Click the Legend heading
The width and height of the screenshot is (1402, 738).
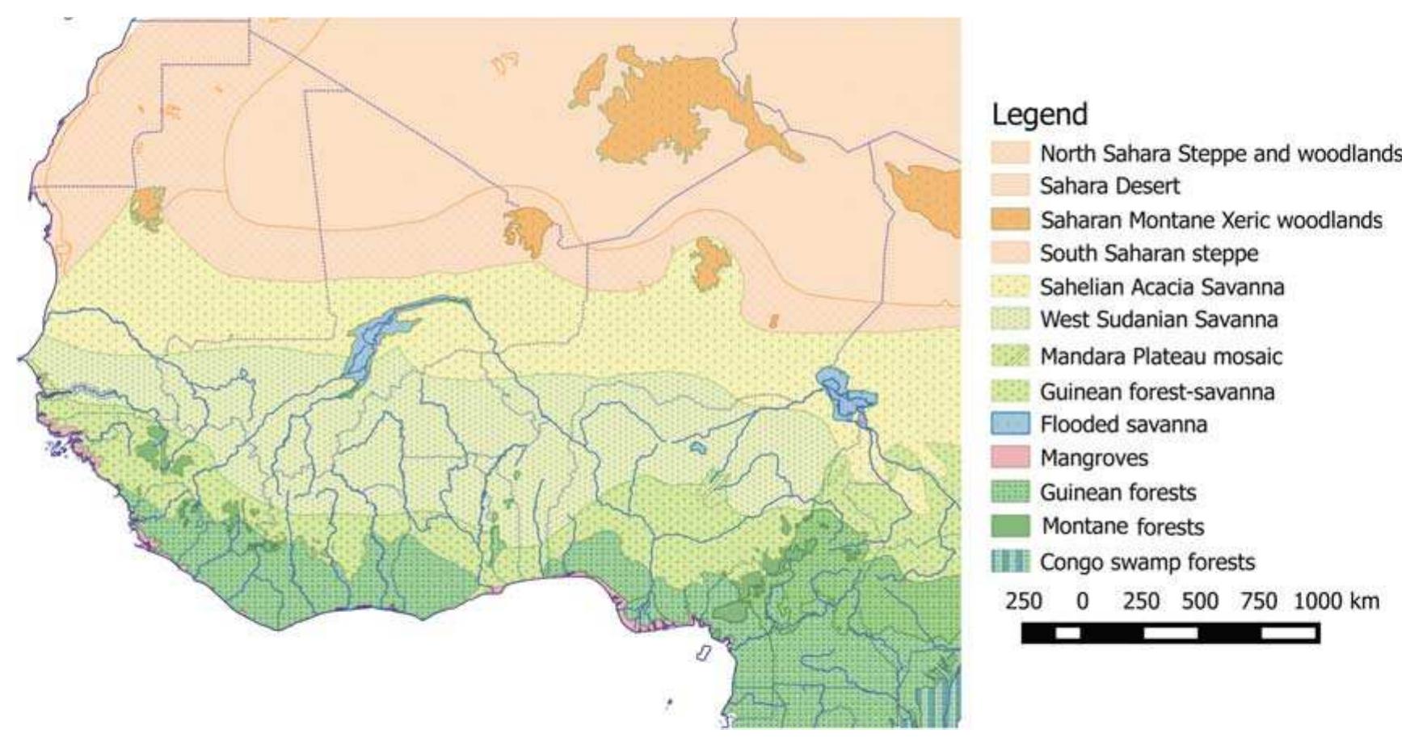[x=1039, y=115]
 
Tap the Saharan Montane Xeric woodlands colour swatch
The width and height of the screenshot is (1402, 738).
[x=1010, y=220]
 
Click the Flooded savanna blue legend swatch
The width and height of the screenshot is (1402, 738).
[x=1010, y=424]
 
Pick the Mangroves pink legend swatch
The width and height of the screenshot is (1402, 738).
[x=1010, y=458]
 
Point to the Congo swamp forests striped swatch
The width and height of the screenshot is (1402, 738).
[x=1010, y=561]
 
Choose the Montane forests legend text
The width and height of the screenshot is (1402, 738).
[x=1122, y=526]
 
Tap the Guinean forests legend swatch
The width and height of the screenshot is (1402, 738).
[x=1010, y=492]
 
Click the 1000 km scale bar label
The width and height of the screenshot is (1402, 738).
[x=1337, y=601]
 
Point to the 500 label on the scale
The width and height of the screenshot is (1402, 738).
[x=1200, y=601]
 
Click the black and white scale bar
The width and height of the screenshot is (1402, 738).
[x=1170, y=632]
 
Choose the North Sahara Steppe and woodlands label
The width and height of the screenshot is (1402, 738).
[x=1220, y=153]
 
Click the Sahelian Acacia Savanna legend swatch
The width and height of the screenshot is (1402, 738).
[x=1010, y=287]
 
